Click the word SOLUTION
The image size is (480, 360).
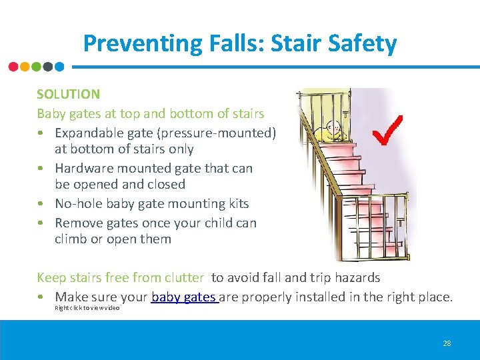tap(68, 95)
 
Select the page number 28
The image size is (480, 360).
tap(447, 343)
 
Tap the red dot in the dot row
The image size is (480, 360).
tap(13, 67)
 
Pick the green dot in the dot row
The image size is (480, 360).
tap(37, 67)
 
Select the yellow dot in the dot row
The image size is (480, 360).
tap(25, 67)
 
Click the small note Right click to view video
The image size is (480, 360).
tap(87, 309)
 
